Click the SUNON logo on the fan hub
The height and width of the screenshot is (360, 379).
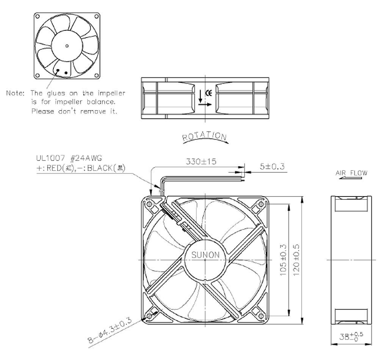click(205, 255)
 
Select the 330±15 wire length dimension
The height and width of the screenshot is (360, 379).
click(201, 161)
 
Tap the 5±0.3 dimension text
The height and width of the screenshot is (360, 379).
click(272, 167)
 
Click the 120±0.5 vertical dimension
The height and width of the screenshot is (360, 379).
click(296, 260)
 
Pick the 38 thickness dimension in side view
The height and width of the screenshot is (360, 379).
click(351, 336)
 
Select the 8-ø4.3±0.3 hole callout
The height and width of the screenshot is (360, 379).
click(110, 330)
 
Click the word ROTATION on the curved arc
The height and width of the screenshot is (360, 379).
click(205, 137)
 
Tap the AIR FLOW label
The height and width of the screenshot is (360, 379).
click(351, 173)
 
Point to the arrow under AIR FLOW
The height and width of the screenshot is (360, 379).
click(350, 178)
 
